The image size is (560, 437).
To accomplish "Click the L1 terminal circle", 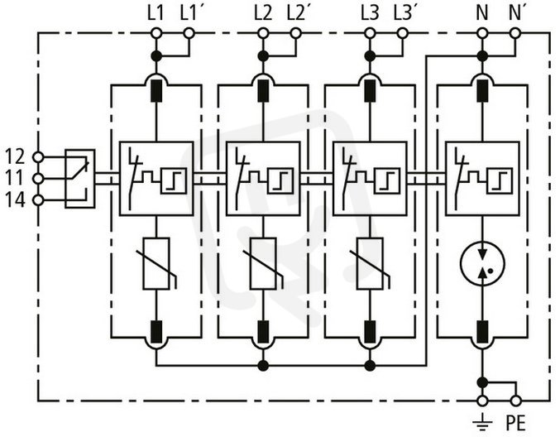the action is (x=156, y=34).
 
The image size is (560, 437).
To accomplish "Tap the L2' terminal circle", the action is (x=295, y=34).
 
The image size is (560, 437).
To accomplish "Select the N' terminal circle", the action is (x=515, y=34).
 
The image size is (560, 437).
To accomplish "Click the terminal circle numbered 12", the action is (x=38, y=156).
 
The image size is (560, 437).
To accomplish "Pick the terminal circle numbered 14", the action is (x=38, y=200).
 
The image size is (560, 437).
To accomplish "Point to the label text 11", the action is (x=15, y=178).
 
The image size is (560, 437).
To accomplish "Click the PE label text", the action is (x=515, y=424).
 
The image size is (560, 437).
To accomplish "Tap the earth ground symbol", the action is (x=482, y=422).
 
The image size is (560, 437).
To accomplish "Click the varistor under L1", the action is (x=156, y=263).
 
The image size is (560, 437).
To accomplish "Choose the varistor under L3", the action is (x=370, y=263).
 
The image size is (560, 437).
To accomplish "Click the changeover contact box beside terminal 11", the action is (x=79, y=178).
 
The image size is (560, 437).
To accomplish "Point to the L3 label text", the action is (x=370, y=13).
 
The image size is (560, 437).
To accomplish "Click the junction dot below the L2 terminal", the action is (x=263, y=55).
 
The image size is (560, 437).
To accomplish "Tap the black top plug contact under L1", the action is (x=156, y=91).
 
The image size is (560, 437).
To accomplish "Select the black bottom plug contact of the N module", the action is (x=482, y=332).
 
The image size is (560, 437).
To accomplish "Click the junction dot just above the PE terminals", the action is (x=482, y=382).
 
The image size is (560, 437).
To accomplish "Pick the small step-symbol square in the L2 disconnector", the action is (x=280, y=180).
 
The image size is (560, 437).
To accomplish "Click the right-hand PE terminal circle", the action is (x=515, y=401).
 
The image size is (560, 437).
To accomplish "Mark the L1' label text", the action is (x=191, y=13).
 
